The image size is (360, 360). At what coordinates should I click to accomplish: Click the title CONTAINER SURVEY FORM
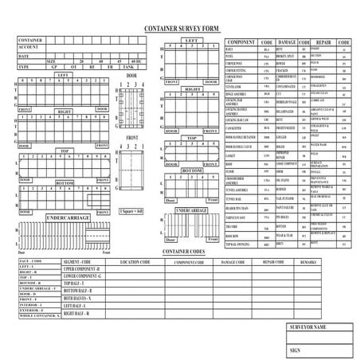point(179,27)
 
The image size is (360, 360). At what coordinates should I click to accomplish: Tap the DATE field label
point(24,56)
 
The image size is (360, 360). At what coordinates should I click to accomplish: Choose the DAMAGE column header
point(287,41)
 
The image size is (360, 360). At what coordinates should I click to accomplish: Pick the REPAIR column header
point(323,41)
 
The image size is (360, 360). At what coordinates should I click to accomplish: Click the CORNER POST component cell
point(236,62)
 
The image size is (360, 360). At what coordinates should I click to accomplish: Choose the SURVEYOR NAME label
point(309,327)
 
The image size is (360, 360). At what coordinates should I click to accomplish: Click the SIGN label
point(295,350)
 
